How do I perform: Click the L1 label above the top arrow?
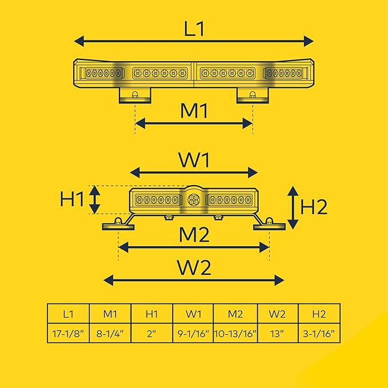[194, 29]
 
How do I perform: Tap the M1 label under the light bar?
[194, 111]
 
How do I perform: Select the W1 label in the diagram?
[194, 160]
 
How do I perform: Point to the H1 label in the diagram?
[72, 199]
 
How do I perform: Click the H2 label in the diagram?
[314, 207]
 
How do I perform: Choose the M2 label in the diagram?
[194, 234]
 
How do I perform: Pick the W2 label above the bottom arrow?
[194, 267]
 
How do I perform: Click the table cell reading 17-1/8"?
[69, 333]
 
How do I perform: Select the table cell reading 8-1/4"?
[110, 333]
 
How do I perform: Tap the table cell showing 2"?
[151, 333]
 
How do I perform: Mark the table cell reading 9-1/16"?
[193, 333]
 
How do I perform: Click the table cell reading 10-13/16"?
[235, 333]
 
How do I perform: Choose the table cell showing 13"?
[278, 333]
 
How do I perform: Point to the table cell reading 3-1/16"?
[319, 333]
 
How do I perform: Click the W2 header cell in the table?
[278, 314]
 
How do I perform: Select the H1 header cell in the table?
[151, 314]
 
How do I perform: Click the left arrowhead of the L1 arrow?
[79, 41]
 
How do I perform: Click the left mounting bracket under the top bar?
[135, 95]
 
